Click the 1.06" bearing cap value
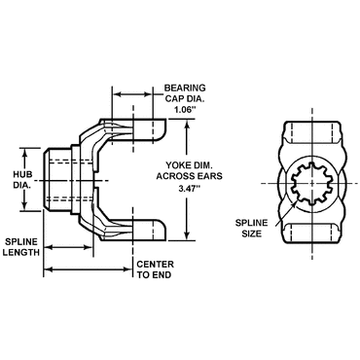[x=185, y=110]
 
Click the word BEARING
[x=185, y=88]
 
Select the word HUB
[x=23, y=174]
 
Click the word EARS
[x=210, y=176]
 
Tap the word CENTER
[x=155, y=264]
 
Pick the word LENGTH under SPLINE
[x=21, y=252]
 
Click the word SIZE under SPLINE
[x=252, y=234]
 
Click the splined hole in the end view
[x=310, y=183]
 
